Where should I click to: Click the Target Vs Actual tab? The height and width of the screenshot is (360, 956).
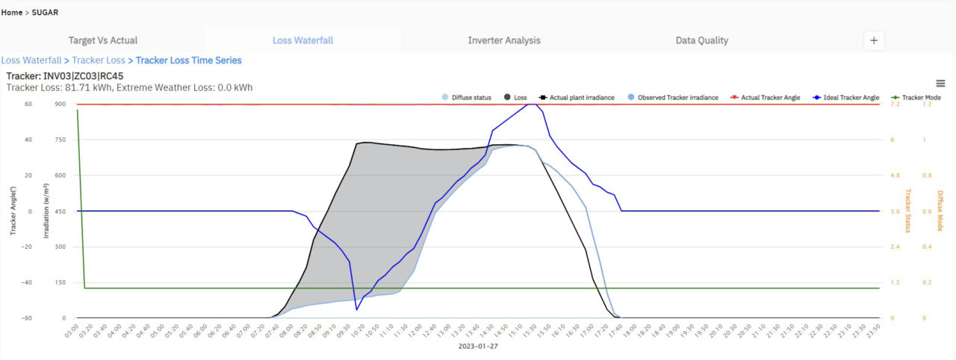103,40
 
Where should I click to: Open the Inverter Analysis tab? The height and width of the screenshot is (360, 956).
504,40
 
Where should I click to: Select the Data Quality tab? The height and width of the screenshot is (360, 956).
701,40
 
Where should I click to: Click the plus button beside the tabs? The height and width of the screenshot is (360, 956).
874,41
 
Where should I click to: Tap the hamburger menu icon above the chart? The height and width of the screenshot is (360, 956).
940,84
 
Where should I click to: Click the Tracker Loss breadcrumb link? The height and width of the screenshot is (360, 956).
99,60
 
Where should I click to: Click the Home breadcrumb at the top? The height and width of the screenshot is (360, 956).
11,13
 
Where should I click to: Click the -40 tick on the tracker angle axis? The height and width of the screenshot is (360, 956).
28,282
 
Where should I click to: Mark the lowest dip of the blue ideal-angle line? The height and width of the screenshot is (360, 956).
357,309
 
